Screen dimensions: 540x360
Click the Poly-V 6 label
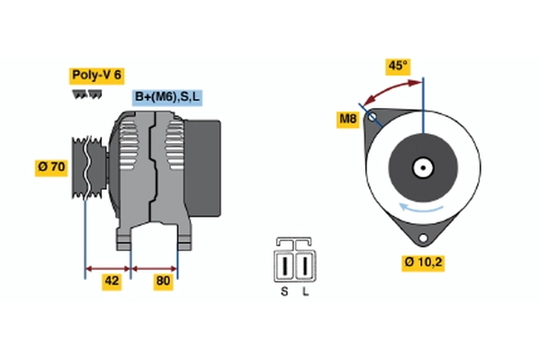pos(96,76)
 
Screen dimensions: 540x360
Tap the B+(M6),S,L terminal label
pos(167,97)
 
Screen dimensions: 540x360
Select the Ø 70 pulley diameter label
pos(51,167)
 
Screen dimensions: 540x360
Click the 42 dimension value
pos(112,282)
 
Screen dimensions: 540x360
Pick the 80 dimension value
pos(163,282)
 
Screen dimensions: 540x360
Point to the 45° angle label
pos(398,66)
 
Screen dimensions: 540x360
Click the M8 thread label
pos(347,120)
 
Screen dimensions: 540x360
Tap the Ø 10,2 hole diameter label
pos(423,263)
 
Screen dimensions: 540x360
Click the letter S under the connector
pos(284,292)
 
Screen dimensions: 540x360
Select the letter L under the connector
pos(305,292)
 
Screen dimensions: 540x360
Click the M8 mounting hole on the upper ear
pos(372,117)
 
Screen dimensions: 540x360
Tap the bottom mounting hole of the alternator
pos(423,238)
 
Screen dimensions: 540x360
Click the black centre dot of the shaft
pos(423,168)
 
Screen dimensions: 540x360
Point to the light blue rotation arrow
pos(421,208)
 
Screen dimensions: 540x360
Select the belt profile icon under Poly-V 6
pos(86,94)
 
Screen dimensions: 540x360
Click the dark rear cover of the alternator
pos(202,168)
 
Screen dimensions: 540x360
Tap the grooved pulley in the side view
pos(89,167)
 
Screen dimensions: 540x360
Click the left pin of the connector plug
pos(284,265)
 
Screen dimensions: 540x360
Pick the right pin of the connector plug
pos(305,265)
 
